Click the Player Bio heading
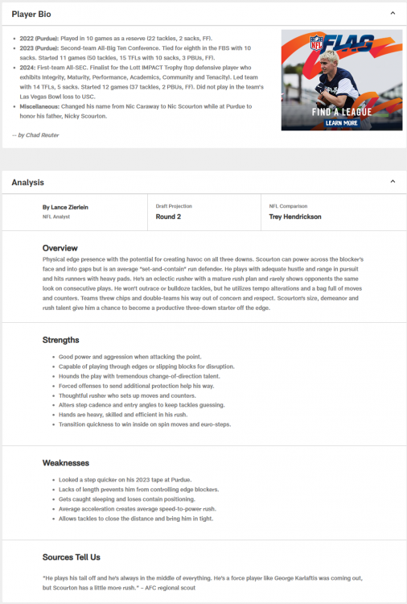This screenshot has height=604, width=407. pos(34,14)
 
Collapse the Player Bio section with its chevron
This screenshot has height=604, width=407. pos(393,14)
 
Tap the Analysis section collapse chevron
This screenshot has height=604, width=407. pos(393,182)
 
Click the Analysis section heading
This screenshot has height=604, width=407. pos(28,183)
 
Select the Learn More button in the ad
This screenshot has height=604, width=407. pos(342,123)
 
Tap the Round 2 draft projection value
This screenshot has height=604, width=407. pos(169,217)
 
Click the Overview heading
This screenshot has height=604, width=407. pos(60,247)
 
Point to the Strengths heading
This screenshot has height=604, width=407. pos(61,340)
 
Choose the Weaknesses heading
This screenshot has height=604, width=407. pos(66,463)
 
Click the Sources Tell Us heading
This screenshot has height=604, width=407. pos(72,556)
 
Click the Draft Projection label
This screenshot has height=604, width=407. pos(174,206)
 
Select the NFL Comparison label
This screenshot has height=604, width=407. pos(289,206)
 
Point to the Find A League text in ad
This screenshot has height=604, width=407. pos(342,111)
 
